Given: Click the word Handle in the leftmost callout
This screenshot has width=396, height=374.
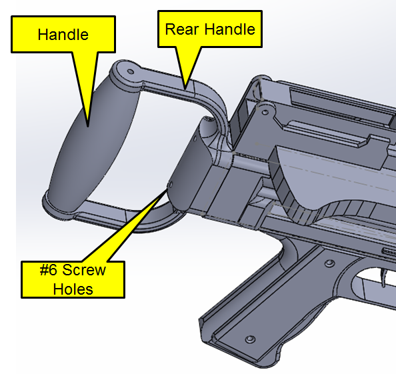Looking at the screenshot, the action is tap(63, 35).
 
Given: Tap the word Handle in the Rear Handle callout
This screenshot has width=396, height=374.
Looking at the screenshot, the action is tap(230, 29).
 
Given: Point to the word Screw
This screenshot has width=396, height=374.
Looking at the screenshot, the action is tap(84, 270).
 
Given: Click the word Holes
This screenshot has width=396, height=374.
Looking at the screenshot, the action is tap(73, 289).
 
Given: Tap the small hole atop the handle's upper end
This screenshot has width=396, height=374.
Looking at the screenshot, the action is tap(131, 72).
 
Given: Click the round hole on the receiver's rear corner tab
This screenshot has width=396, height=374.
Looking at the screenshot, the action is tap(265, 112).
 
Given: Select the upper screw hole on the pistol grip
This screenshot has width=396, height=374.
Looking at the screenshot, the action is tap(329, 263).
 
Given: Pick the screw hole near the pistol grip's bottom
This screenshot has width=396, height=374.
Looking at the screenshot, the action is tap(250, 339).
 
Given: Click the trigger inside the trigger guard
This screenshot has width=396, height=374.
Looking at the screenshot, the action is tap(385, 277).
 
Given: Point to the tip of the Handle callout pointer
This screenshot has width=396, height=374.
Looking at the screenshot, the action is tap(88, 127).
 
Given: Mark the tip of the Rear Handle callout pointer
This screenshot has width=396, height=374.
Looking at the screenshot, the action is tap(185, 89).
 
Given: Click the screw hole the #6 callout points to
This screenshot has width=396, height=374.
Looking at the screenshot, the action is tap(170, 185).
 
